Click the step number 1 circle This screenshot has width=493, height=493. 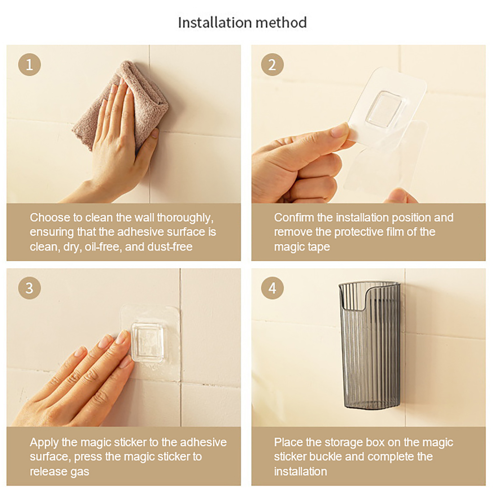coord(29,65)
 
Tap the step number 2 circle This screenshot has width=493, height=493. coord(272,65)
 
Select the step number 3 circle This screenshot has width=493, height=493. coord(29,288)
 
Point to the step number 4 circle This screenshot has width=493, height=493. coord(272,288)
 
